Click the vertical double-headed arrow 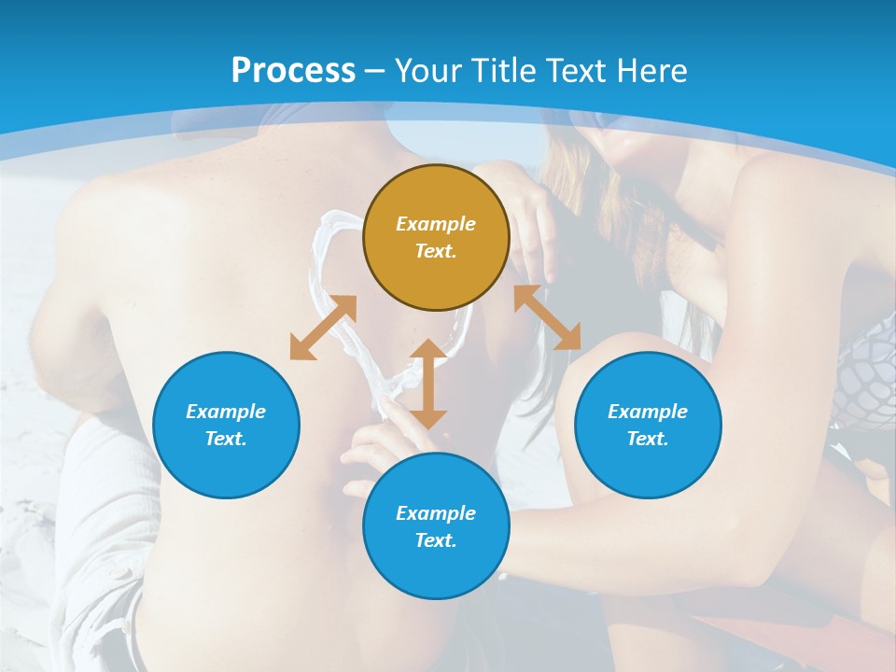tap(428, 384)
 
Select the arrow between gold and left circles tap(323, 328)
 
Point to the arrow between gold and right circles tap(547, 317)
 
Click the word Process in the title tap(293, 70)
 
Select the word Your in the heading tap(427, 70)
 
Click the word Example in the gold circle tap(436, 224)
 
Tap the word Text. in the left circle tap(226, 439)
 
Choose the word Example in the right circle tap(648, 412)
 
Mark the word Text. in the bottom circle tap(436, 540)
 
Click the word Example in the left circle tap(226, 412)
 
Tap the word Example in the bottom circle tap(436, 513)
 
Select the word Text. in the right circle tap(648, 439)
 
